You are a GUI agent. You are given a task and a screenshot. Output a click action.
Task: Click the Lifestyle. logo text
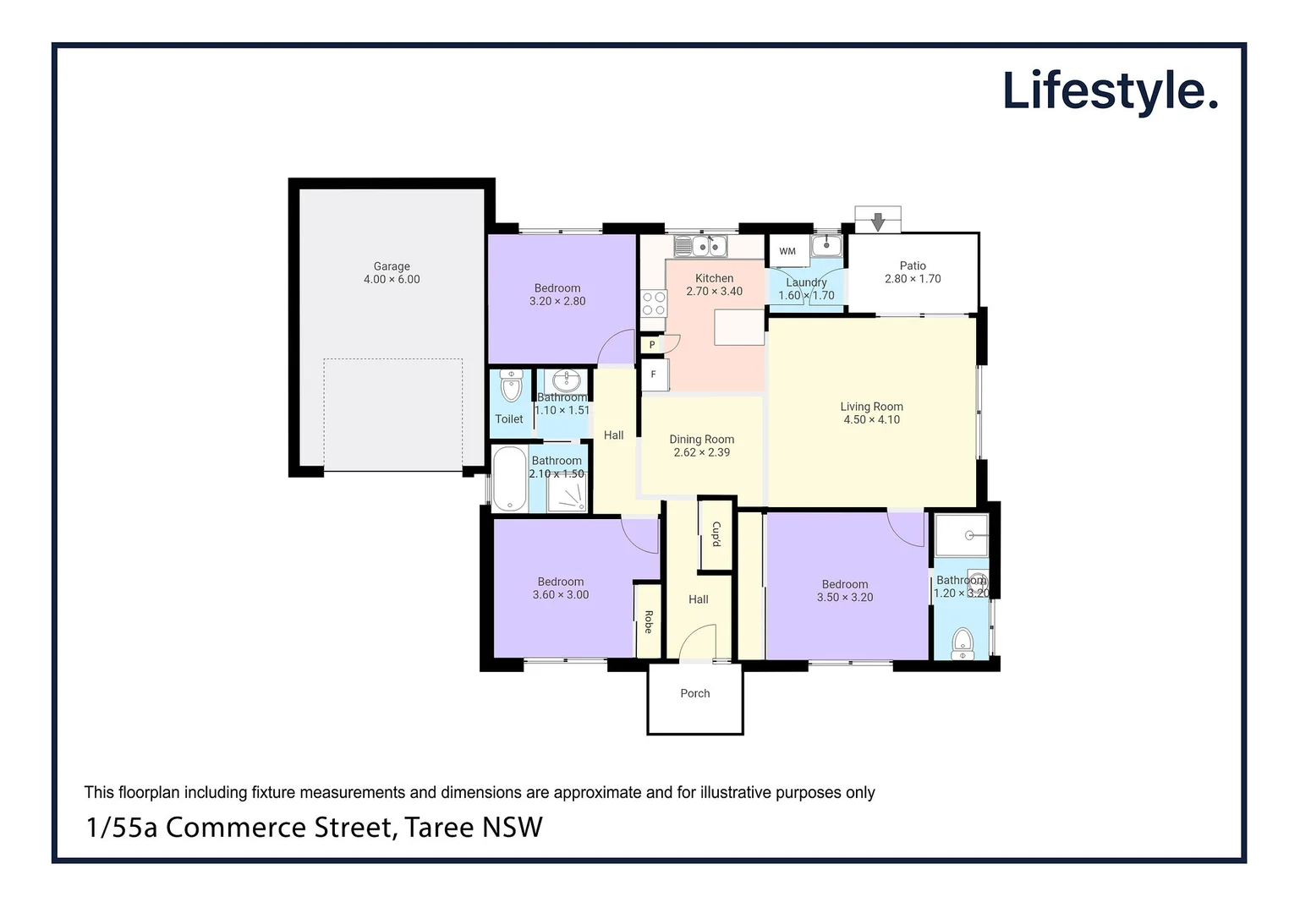pyautogui.click(x=1109, y=91)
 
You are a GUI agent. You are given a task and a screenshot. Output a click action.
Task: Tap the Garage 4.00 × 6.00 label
pyautogui.click(x=392, y=273)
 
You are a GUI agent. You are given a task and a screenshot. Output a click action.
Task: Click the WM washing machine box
pyautogui.click(x=787, y=251)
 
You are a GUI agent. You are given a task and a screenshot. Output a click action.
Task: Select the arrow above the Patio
pyautogui.click(x=878, y=221)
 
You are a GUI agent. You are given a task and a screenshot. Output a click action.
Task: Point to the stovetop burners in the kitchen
pyautogui.click(x=653, y=303)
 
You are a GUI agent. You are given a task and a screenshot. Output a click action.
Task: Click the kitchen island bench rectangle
pyautogui.click(x=739, y=327)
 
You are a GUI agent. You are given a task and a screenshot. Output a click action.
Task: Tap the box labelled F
pyautogui.click(x=654, y=374)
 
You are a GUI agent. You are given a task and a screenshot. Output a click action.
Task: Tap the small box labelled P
pyautogui.click(x=651, y=345)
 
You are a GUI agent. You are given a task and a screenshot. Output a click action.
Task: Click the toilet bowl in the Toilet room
pyautogui.click(x=511, y=387)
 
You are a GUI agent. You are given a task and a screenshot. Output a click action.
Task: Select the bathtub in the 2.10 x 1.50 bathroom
pyautogui.click(x=509, y=478)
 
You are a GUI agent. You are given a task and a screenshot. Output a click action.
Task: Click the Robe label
pyautogui.click(x=648, y=621)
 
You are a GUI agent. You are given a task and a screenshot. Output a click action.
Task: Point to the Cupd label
pyautogui.click(x=716, y=534)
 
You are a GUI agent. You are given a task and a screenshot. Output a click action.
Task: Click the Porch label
pyautogui.click(x=695, y=693)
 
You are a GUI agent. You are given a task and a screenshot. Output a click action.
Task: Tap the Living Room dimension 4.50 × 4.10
pyautogui.click(x=871, y=420)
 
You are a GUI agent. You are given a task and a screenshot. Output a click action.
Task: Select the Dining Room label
pyautogui.click(x=701, y=439)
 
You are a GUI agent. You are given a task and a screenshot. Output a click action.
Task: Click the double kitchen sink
pyautogui.click(x=701, y=246)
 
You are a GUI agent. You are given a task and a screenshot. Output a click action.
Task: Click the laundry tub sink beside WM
pyautogui.click(x=826, y=245)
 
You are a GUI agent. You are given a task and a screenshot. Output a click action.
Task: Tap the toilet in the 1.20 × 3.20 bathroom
pyautogui.click(x=963, y=643)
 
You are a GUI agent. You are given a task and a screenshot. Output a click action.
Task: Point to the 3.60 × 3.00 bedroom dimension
pyautogui.click(x=561, y=595)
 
